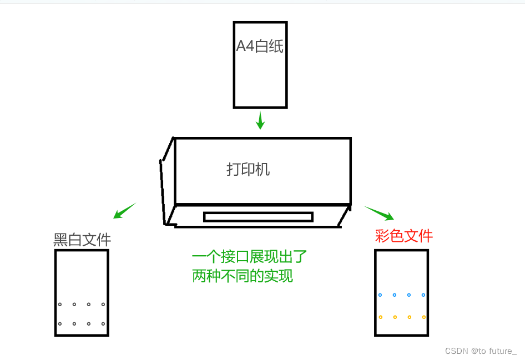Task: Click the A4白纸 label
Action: pyautogui.click(x=260, y=47)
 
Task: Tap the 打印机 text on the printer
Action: pyautogui.click(x=248, y=169)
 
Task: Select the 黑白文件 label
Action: pyautogui.click(x=82, y=240)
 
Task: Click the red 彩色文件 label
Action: pyautogui.click(x=403, y=236)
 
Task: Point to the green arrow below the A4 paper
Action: pyautogui.click(x=260, y=120)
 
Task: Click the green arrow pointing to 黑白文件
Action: pyautogui.click(x=124, y=211)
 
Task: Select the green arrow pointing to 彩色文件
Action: pyautogui.click(x=379, y=213)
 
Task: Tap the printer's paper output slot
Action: pyautogui.click(x=258, y=217)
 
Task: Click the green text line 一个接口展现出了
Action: pyautogui.click(x=249, y=257)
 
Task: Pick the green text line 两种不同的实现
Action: pyautogui.click(x=242, y=276)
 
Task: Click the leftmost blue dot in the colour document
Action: pyautogui.click(x=380, y=295)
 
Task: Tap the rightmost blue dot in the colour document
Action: pyautogui.click(x=423, y=295)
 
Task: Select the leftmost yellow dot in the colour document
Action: pyautogui.click(x=380, y=317)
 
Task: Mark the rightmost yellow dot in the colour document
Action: pyautogui.click(x=423, y=317)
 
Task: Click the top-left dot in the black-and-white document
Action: pyautogui.click(x=60, y=305)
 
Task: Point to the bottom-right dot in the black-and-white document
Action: pyautogui.click(x=103, y=324)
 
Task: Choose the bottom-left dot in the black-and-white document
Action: pyautogui.click(x=60, y=324)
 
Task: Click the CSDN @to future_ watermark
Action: pyautogui.click(x=481, y=351)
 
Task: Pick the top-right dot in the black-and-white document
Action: pyautogui.click(x=103, y=305)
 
